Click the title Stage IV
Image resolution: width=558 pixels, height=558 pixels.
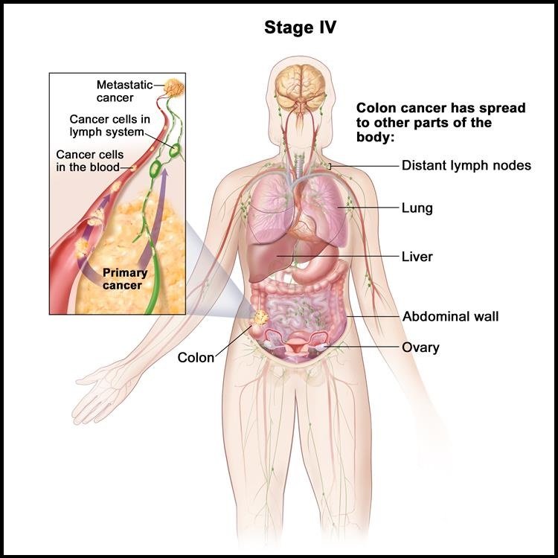pyautogui.click(x=300, y=28)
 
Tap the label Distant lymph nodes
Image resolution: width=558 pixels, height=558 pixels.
pyautogui.click(x=466, y=165)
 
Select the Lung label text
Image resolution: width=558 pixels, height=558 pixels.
pyautogui.click(x=417, y=208)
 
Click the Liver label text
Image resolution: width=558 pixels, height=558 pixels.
pyautogui.click(x=417, y=256)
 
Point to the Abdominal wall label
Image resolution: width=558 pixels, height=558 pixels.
pyautogui.click(x=450, y=316)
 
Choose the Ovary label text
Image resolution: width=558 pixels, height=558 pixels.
pyautogui.click(x=420, y=347)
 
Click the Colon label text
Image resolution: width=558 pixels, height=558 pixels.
pyautogui.click(x=196, y=357)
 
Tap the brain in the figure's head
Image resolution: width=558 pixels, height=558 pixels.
pyautogui.click(x=301, y=87)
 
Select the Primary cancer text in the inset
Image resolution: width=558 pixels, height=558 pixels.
pyautogui.click(x=124, y=279)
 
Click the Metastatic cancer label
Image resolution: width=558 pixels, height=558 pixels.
pyautogui.click(x=124, y=91)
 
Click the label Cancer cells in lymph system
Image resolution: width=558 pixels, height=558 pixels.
pyautogui.click(x=109, y=125)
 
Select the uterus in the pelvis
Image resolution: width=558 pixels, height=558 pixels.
pyautogui.click(x=295, y=344)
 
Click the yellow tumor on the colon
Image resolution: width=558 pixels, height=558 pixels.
pyautogui.click(x=260, y=317)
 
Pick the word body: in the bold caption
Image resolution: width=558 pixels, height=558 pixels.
pyautogui.click(x=375, y=138)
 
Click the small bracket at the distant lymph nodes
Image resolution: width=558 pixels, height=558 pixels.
pyautogui.click(x=330, y=166)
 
